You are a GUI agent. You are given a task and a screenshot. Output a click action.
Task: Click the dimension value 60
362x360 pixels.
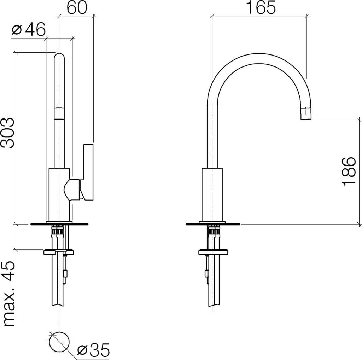(76, 7)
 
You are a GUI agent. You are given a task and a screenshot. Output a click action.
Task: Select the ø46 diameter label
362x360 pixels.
(29, 30)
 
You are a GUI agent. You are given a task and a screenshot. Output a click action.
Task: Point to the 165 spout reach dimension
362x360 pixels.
(260, 8)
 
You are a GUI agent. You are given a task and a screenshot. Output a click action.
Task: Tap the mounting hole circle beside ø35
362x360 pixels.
(59, 342)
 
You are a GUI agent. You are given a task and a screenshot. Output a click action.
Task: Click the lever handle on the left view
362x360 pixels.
(88, 172)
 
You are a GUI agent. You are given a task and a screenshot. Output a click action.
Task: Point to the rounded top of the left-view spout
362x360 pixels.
(59, 57)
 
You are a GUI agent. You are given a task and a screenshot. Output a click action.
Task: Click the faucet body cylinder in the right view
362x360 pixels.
(212, 194)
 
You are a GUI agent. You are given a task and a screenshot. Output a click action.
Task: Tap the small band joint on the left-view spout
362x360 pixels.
(59, 114)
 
